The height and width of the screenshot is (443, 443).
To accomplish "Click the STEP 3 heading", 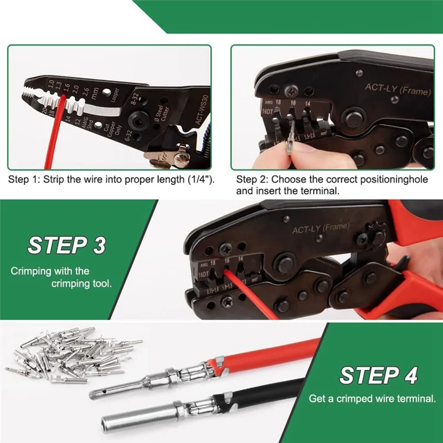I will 66,245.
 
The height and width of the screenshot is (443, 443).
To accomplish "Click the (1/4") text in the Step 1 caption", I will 199,180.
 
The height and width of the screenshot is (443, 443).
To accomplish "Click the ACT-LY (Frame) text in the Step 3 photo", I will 321,229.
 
